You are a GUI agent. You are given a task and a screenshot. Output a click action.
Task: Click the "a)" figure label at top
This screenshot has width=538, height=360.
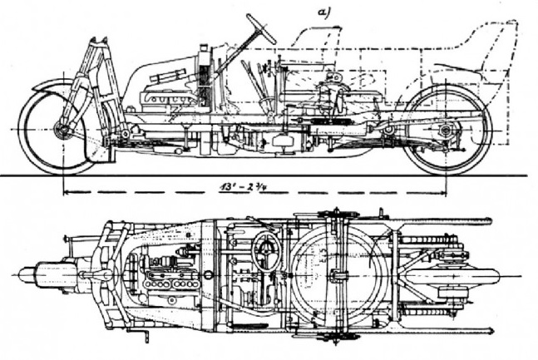323,12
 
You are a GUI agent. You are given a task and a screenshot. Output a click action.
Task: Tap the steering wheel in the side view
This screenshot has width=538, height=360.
261,28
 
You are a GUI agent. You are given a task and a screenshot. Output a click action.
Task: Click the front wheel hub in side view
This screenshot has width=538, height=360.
62,130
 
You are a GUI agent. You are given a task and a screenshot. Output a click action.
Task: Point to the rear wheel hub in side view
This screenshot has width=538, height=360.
446,130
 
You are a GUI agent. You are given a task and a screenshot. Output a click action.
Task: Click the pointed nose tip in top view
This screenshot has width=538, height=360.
19,275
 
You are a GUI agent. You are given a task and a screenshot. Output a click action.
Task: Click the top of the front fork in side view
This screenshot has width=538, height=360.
98,42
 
